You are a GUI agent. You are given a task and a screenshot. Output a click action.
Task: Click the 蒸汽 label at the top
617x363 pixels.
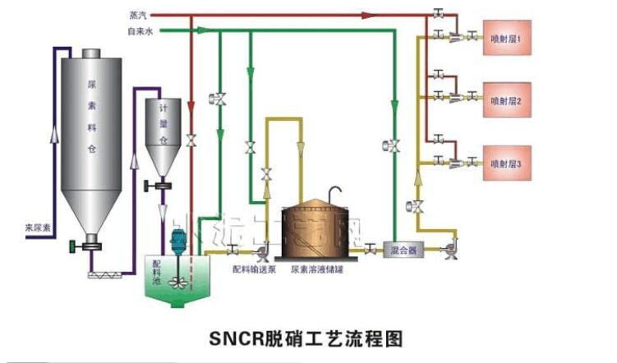[139, 15]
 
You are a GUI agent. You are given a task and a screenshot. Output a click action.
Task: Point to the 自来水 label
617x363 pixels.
[139, 31]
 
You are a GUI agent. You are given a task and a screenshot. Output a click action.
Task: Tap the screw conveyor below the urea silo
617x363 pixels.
[107, 264]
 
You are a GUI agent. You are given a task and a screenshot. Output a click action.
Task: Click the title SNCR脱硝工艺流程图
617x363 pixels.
[306, 337]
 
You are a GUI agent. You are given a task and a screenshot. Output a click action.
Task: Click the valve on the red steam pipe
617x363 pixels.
[191, 140]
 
